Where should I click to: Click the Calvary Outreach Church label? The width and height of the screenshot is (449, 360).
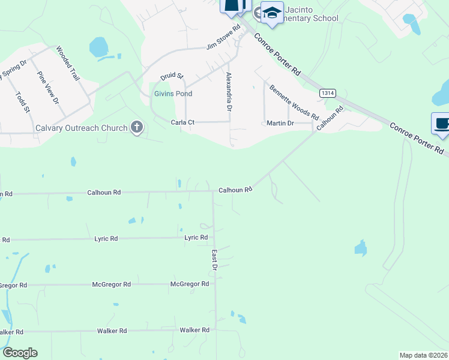pyautogui.click(x=82, y=128)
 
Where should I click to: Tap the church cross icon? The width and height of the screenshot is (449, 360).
pyautogui.click(x=137, y=127)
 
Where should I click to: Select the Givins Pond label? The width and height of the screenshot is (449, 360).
pyautogui.click(x=173, y=94)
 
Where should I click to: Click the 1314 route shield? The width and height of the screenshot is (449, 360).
pyautogui.click(x=327, y=93)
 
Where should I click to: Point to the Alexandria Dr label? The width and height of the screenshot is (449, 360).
pyautogui.click(x=229, y=92)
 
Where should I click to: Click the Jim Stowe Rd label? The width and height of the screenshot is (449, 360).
pyautogui.click(x=223, y=41)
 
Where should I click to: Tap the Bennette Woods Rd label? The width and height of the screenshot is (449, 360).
pyautogui.click(x=294, y=102)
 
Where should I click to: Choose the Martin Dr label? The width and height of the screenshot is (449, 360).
pyautogui.click(x=280, y=123)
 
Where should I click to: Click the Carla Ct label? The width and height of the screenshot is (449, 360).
pyautogui.click(x=183, y=122)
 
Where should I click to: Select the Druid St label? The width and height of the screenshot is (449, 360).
pyautogui.click(x=172, y=76)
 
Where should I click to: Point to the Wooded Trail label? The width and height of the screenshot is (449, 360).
pyautogui.click(x=68, y=64)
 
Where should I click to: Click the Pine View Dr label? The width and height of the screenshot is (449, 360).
pyautogui.click(x=47, y=88)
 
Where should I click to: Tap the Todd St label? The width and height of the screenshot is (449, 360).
pyautogui.click(x=22, y=101)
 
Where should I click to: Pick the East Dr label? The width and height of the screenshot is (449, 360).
pyautogui.click(x=214, y=260)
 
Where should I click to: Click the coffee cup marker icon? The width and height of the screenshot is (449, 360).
pyautogui.click(x=441, y=123)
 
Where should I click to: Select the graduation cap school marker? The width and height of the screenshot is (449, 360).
pyautogui.click(x=272, y=12)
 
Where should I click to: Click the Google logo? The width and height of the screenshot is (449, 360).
pyautogui.click(x=20, y=353)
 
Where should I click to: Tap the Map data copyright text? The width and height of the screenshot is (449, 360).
pyautogui.click(x=424, y=355)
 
